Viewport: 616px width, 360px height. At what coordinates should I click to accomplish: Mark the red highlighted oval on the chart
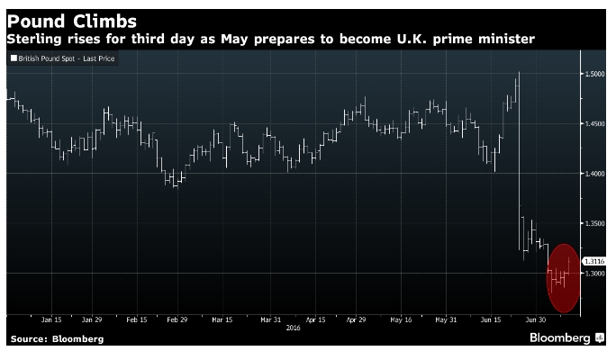coord(562,277)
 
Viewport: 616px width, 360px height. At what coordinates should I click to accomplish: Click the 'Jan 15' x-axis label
coord(50,319)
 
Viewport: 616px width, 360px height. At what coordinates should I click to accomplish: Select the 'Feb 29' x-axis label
coord(177,319)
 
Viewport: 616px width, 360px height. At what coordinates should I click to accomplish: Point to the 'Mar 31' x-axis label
coord(270,319)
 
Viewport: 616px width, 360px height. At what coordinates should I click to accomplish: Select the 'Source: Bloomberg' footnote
coord(57,339)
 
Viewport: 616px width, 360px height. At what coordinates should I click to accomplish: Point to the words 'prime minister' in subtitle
coord(490,39)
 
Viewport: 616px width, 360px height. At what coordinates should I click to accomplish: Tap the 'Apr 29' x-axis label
coord(357,319)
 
